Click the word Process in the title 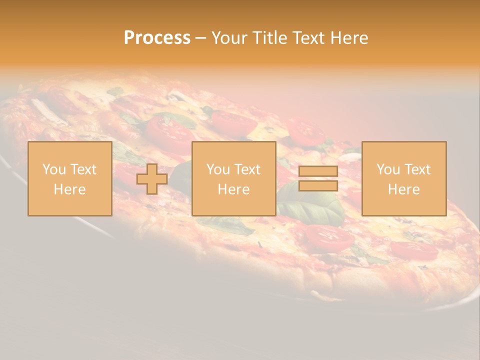157,38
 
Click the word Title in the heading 268,38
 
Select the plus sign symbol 152,179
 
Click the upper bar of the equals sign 318,171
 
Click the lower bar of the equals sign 318,186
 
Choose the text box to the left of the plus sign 69,179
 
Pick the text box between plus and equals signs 233,179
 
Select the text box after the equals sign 403,179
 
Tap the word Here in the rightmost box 403,189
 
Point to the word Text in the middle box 247,169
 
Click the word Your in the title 229,38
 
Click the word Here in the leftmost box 69,189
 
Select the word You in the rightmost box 388,169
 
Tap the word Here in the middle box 233,189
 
